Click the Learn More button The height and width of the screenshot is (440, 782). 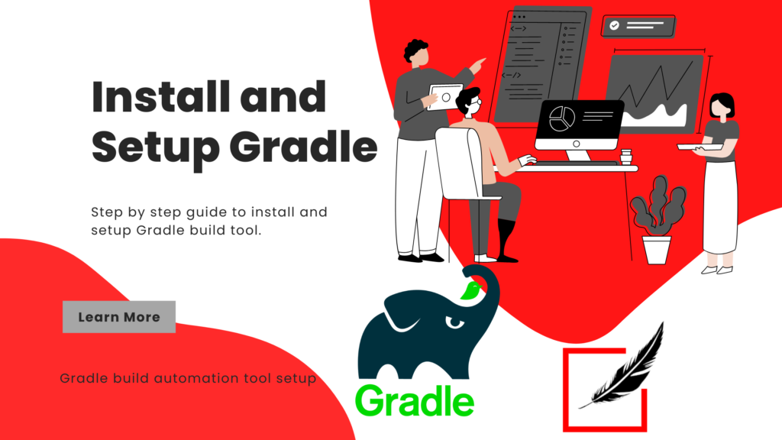coord(118,317)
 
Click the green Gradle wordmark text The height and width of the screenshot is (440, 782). coord(415,400)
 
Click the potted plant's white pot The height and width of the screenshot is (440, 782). coord(656,249)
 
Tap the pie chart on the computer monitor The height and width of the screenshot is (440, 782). coord(563,118)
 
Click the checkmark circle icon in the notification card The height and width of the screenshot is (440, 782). coord(614,26)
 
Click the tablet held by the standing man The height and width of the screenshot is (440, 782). coord(444,97)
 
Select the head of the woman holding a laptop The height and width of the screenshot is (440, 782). coord(722,105)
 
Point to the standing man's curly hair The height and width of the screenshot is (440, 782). coord(416,50)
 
